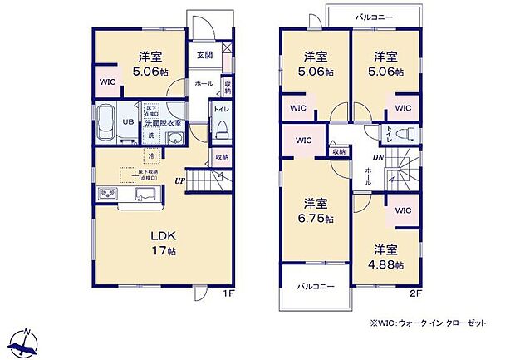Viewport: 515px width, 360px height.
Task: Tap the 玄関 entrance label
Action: point(204,56)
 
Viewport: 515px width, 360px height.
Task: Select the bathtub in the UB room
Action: point(109,126)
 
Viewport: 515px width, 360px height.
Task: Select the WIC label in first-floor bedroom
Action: point(108,82)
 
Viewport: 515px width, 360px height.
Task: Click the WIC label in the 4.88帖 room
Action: point(403,211)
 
